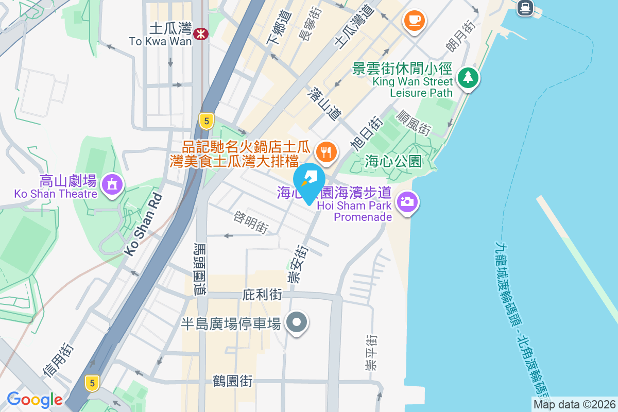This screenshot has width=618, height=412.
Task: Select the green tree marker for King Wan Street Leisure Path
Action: [x=468, y=78]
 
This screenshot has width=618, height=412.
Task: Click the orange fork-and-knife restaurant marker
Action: [x=326, y=152]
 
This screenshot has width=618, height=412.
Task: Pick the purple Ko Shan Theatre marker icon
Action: [x=111, y=183]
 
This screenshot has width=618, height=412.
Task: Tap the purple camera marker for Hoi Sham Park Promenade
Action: [x=407, y=201]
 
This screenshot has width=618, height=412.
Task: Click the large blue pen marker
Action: [x=309, y=181]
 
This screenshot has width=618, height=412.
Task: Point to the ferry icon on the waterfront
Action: [x=525, y=7]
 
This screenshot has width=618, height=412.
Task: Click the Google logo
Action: [x=35, y=400]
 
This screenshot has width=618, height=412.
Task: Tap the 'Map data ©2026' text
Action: [x=574, y=404]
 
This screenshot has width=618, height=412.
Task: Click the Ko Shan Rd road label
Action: [x=143, y=224]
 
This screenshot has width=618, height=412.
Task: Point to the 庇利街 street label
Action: [x=262, y=295]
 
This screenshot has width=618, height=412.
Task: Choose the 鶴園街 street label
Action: [x=232, y=382]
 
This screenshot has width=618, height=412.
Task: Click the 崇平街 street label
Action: [x=370, y=353]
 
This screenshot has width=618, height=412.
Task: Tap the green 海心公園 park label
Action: [x=393, y=161]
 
